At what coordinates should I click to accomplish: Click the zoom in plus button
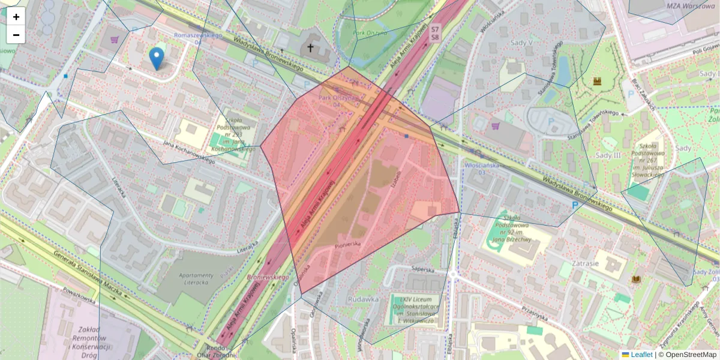16,17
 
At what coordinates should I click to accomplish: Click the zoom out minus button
16,35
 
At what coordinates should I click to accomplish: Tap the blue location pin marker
157,59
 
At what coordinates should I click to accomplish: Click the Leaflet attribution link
641,355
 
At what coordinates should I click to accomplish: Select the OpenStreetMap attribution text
691,355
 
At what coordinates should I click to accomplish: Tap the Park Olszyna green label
370,34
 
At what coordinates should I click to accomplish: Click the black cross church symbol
310,47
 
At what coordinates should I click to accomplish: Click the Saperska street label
422,270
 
